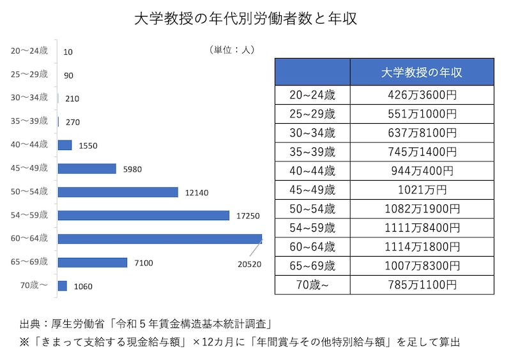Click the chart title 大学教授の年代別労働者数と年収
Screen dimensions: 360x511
pyautogui.click(x=245, y=19)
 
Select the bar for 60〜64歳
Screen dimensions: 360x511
pyautogui.click(x=160, y=239)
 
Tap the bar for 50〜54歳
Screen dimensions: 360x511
pyautogui.click(x=118, y=191)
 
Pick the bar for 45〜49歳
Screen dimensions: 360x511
pyautogui.click(x=87, y=169)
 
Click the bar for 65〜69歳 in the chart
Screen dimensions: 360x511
pyautogui.click(x=93, y=262)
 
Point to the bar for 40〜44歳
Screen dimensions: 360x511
pyautogui.click(x=65, y=145)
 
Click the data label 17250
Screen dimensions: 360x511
pyautogui.click(x=247, y=216)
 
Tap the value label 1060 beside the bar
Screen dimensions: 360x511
pyautogui.click(x=82, y=287)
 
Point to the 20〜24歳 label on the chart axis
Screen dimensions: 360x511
pyautogui.click(x=29, y=50)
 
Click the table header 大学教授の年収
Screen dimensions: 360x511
pyautogui.click(x=422, y=72)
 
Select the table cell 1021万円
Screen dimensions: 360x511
pyautogui.click(x=422, y=190)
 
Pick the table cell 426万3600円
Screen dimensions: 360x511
pyautogui.click(x=422, y=96)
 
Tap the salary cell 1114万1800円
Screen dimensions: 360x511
pyautogui.click(x=422, y=246)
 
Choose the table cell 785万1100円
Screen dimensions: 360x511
pyautogui.click(x=422, y=284)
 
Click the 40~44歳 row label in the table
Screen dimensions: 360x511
pyautogui.click(x=312, y=171)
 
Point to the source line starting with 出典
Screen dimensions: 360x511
pyautogui.click(x=151, y=324)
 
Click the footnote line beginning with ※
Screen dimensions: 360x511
pyautogui.click(x=240, y=342)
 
